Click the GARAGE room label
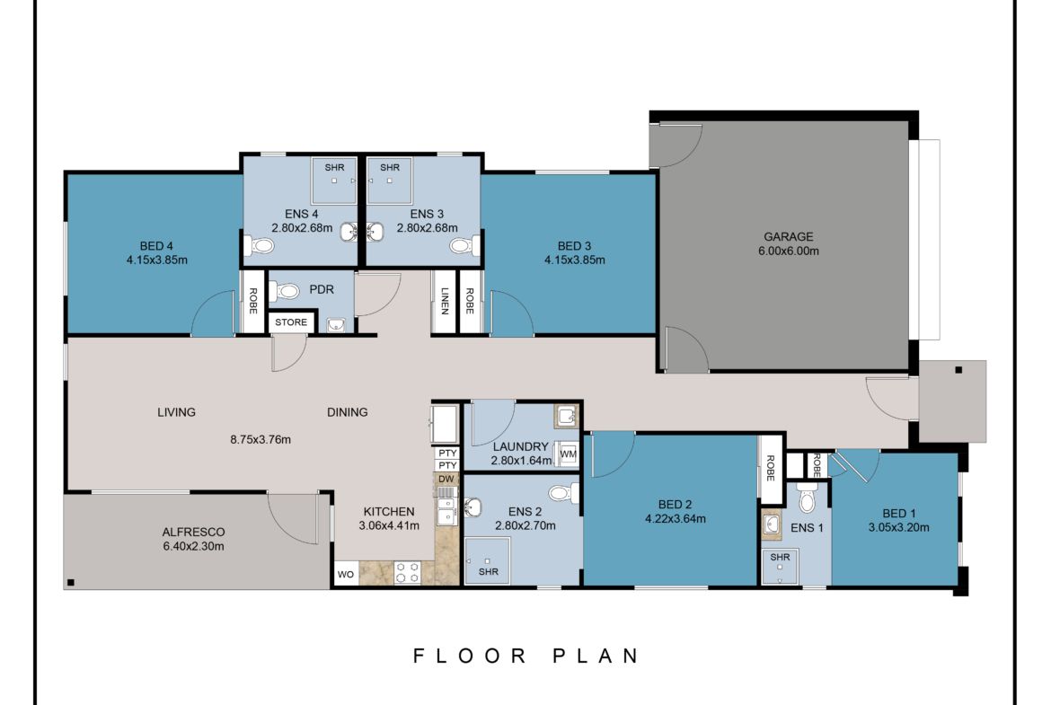click(788, 237)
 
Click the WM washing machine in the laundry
click(567, 454)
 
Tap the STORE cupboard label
click(291, 322)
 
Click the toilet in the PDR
click(287, 292)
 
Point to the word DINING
click(347, 412)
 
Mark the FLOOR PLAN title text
click(526, 656)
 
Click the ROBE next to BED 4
click(253, 302)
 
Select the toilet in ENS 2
click(561, 493)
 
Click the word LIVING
click(176, 412)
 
